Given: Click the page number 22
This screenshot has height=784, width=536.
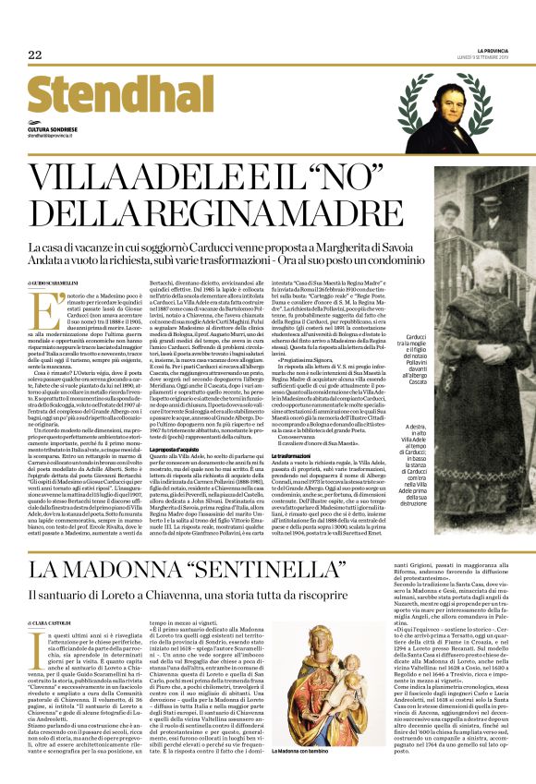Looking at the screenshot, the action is tap(35, 55).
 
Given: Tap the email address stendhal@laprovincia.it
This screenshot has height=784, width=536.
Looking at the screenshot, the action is tap(55, 136).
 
